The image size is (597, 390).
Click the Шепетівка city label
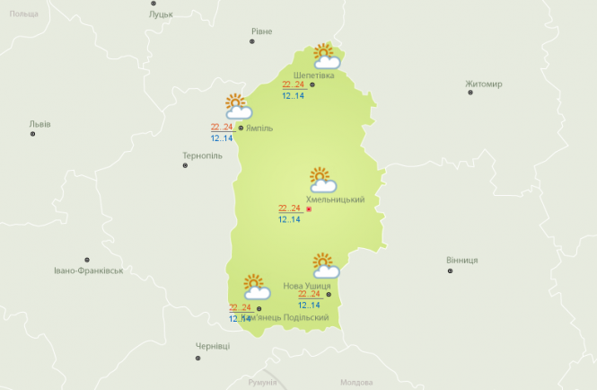point(314,75)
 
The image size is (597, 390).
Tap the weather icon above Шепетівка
point(325,57)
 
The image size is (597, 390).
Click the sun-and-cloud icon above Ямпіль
point(238,107)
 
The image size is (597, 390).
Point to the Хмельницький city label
point(335,199)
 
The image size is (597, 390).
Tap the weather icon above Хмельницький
point(322,180)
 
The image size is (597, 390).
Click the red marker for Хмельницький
point(309,209)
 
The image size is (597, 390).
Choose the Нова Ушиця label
point(307,286)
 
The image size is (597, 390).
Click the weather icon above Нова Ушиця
point(325,265)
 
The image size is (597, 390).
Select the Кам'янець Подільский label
point(285,318)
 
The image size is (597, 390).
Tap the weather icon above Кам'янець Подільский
point(257,287)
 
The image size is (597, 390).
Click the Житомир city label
point(484,84)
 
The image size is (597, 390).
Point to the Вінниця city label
point(461,260)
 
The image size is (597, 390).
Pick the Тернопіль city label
point(202,155)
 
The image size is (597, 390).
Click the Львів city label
point(40,124)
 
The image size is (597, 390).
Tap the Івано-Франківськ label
point(88,270)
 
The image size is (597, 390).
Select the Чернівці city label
point(213,346)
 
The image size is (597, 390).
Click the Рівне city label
point(261,31)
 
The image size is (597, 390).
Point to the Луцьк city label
point(162,15)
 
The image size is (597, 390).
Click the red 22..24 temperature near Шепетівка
point(293,84)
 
